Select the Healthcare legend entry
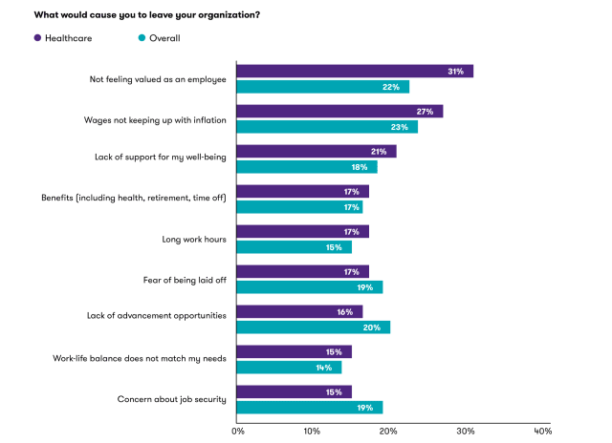(x=67, y=38)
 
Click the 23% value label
(x=398, y=127)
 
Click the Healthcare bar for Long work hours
(x=296, y=232)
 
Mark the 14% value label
(x=324, y=368)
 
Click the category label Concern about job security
(x=171, y=399)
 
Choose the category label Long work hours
(x=195, y=239)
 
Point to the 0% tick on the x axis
(x=238, y=431)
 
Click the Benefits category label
(x=133, y=199)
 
